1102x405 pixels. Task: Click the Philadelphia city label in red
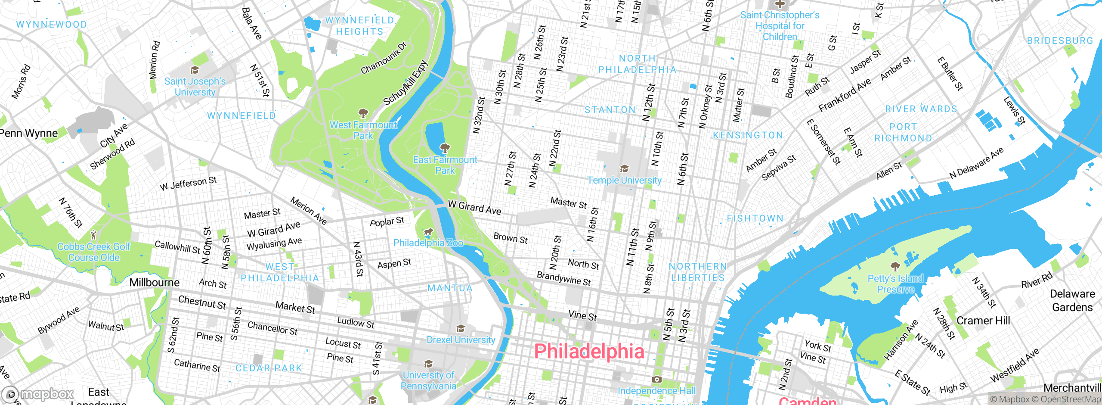589,351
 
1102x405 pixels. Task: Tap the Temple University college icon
624,168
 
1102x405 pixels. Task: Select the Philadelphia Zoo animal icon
428,233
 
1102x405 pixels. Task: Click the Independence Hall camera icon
656,380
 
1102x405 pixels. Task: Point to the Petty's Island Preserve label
895,283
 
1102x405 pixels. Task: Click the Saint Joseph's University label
195,87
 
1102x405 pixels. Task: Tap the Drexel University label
461,340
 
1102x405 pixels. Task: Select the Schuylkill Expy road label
406,83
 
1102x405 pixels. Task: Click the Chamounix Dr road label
384,58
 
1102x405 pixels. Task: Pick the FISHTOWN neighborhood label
755,218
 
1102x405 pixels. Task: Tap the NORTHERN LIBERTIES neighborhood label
698,272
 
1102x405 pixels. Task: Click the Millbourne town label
155,283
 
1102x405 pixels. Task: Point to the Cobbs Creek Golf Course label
94,252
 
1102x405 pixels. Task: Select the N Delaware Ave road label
976,163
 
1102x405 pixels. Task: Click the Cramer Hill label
983,321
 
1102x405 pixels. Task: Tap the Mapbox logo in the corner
39,394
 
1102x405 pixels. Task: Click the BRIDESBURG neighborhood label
1060,41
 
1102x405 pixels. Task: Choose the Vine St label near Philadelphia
582,316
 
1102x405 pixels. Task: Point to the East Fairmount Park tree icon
445,148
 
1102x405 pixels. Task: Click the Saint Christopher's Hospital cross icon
780,4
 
